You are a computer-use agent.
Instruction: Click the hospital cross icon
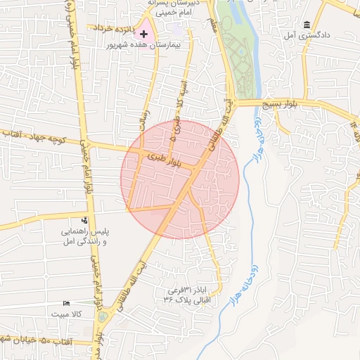coord(144,33)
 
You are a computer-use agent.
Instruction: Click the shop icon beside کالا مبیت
coord(67,303)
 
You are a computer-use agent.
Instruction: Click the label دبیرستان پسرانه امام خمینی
coord(169,8)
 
